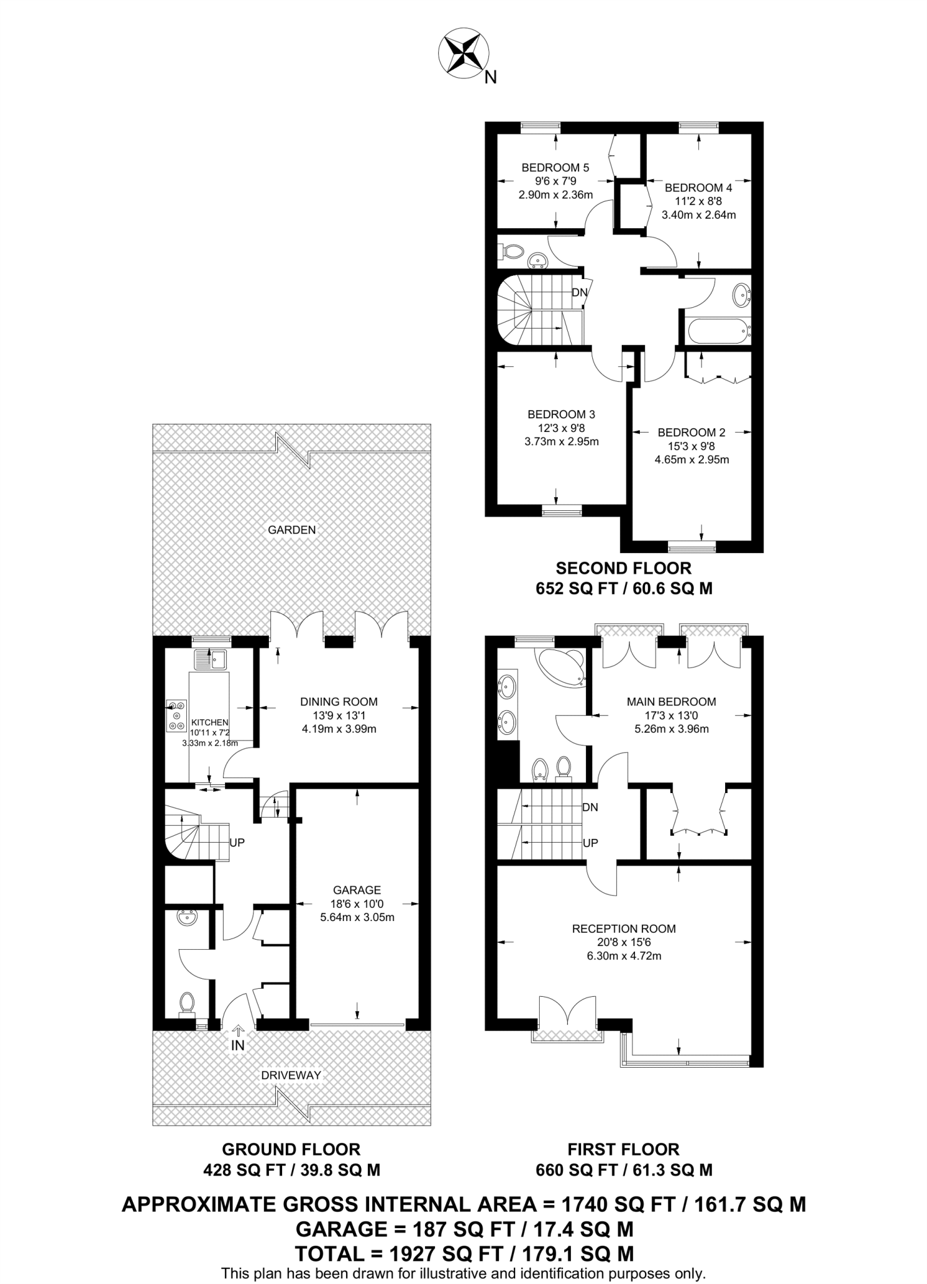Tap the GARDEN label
point(291,530)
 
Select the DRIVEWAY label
point(291,1075)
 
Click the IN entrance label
point(238,1045)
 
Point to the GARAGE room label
point(357,890)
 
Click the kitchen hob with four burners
point(177,715)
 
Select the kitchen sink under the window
point(211,659)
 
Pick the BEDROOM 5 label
point(555,167)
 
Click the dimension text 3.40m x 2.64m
point(698,214)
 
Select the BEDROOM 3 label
point(561,414)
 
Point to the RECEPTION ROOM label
point(624,929)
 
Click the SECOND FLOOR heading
point(624,568)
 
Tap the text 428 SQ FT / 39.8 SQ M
point(291,1170)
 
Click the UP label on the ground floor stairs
point(237,843)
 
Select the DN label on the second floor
point(579,292)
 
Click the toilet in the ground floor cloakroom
point(186,1002)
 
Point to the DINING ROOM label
point(338,702)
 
